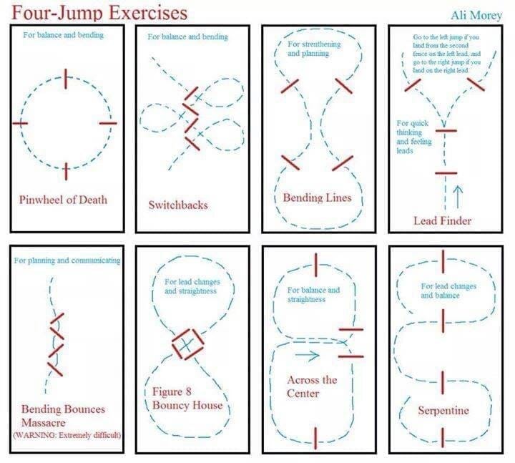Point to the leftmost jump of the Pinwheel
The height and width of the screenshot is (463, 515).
point(20,123)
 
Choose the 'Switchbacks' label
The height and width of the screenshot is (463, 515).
point(178,205)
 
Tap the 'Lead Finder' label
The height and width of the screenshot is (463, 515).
point(442,220)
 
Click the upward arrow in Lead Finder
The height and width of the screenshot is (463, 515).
point(458,192)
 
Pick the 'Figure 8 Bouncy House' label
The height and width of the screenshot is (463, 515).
point(187,399)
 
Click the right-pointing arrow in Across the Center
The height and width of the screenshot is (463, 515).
point(305,354)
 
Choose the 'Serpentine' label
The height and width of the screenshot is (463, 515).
point(443,411)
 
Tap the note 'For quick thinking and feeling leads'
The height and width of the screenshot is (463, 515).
point(413,137)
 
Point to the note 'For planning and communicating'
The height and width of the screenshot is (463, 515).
point(67,260)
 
